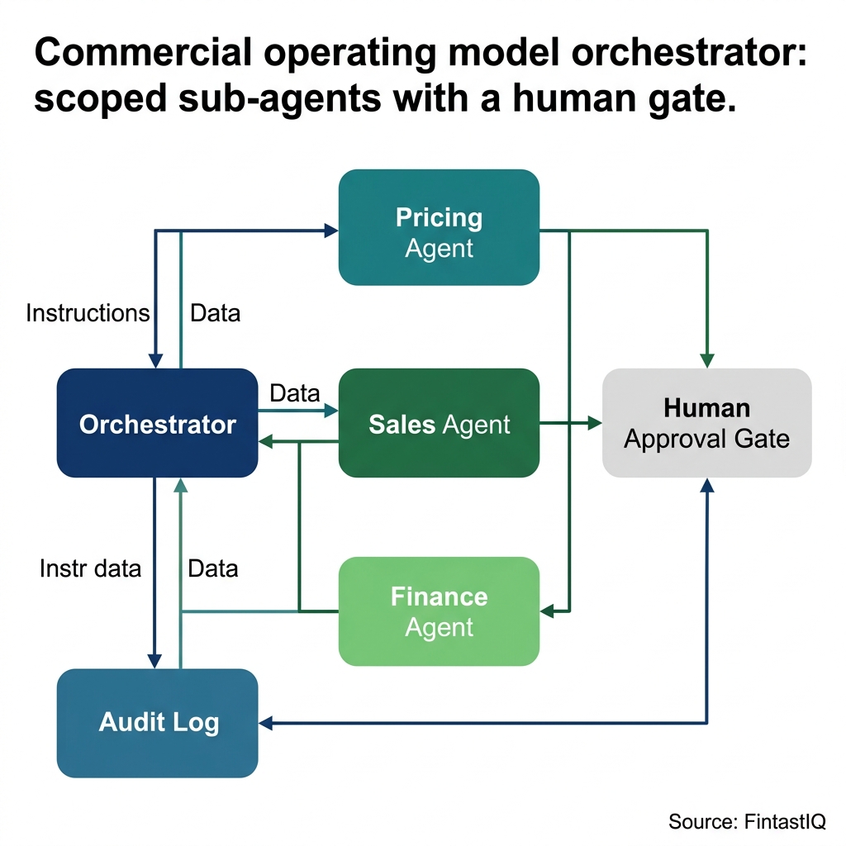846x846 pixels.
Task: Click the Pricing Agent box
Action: pos(439,227)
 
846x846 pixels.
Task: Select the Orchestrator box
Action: pos(157,424)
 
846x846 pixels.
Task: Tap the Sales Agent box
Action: pos(439,424)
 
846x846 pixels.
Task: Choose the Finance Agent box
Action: pos(439,611)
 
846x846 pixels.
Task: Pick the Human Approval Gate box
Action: pos(706,423)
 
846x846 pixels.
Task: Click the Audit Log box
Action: pos(157,723)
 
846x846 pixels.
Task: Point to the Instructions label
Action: pos(88,313)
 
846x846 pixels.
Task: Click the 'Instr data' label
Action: pos(90,568)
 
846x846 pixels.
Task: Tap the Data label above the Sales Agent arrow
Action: pos(295,393)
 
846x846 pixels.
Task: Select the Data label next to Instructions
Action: pos(215,313)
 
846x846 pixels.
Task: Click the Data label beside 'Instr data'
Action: pos(213,568)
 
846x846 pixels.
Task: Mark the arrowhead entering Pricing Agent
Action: pos(331,231)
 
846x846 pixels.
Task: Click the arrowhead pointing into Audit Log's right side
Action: pos(266,724)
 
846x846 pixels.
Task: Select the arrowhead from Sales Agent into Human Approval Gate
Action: pos(594,423)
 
